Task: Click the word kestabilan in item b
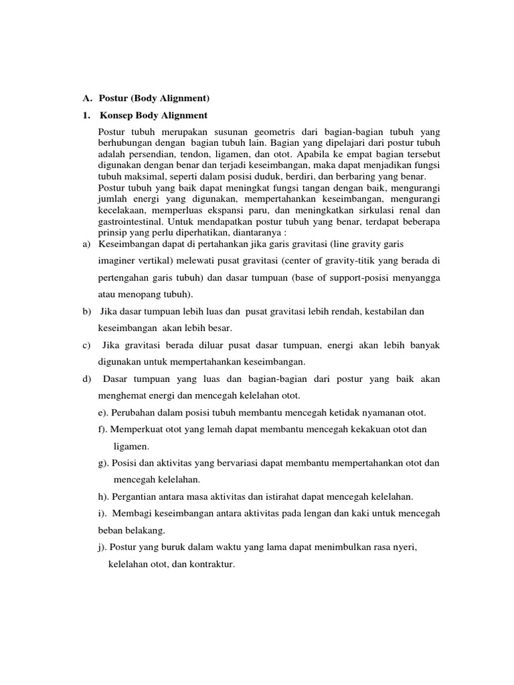379,311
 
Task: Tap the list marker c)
87,345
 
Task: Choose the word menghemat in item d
124,396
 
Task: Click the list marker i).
102,514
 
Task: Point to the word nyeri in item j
404,548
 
